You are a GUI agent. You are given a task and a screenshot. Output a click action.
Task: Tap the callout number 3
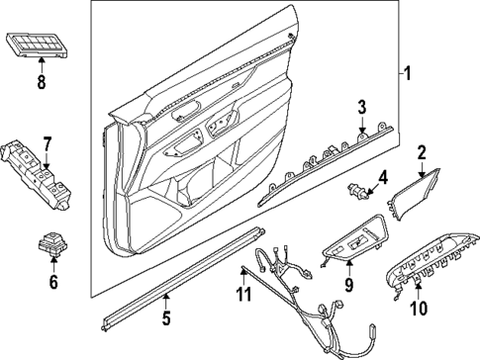pos(362,107)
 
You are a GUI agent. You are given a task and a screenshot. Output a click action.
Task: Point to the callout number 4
pos(381,179)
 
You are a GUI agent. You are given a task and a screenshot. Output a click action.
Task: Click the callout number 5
pos(166,317)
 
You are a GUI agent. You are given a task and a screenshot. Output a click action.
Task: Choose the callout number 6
pos(53,283)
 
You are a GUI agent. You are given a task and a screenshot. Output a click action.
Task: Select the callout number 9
pos(347,287)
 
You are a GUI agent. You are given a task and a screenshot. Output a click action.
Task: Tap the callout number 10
pos(419,308)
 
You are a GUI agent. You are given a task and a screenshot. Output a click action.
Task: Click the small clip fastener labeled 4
pos(356,187)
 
